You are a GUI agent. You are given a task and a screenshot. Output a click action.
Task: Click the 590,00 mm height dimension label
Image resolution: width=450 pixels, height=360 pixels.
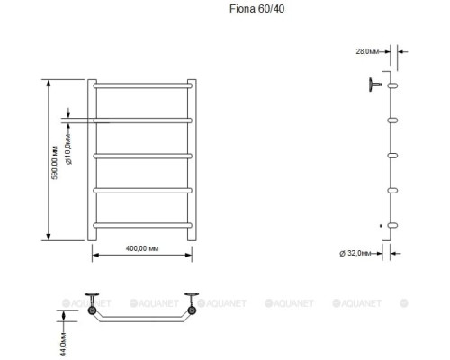[x=54, y=160]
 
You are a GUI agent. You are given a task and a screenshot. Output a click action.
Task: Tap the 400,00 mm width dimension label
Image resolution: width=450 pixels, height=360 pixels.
[x=140, y=248]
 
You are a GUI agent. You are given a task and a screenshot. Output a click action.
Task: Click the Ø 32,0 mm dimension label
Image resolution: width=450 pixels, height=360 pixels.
[x=355, y=253]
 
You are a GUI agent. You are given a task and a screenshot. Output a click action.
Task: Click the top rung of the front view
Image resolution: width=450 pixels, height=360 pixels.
[x=140, y=85]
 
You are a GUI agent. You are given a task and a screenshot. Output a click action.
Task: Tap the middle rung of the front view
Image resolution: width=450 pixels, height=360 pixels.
[x=140, y=155]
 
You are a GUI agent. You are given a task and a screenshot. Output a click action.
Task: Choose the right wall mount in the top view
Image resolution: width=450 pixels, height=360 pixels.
[x=191, y=304]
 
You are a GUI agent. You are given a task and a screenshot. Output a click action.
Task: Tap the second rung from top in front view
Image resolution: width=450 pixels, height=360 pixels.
[x=140, y=120]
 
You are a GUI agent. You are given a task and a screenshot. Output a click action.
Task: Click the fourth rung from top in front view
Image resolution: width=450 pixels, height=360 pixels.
[x=140, y=189]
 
